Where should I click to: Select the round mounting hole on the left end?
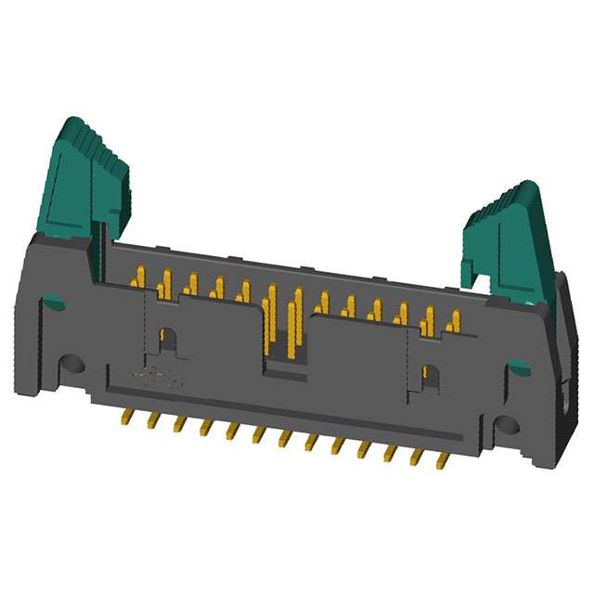pyautogui.click(x=71, y=365)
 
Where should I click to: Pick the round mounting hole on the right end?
pyautogui.click(x=506, y=426)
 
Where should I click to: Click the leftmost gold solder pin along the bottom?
pyautogui.click(x=125, y=417)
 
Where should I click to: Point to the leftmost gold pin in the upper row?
pyautogui.click(x=138, y=277)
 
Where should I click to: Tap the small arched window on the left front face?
pyautogui.click(x=167, y=340)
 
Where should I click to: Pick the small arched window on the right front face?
pyautogui.click(x=430, y=376)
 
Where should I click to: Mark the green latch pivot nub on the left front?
pyautogui.click(x=54, y=303)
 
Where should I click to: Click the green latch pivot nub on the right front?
pyautogui.click(x=520, y=368)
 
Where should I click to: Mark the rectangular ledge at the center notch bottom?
pyautogui.click(x=284, y=374)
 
